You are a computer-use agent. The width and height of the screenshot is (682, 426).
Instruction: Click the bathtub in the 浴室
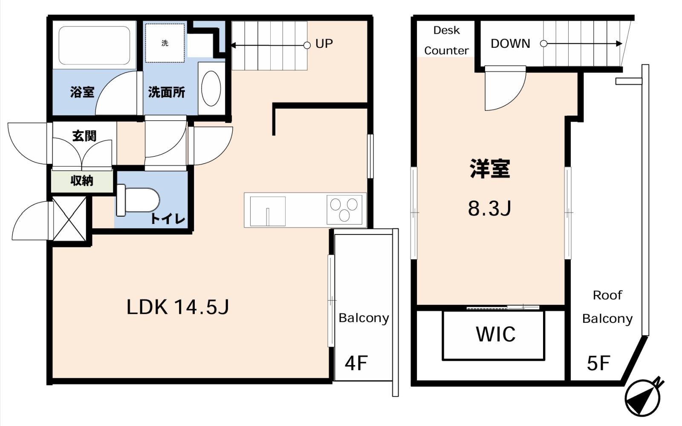tap(94, 45)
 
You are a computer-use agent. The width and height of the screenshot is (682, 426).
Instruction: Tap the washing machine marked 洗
tap(165, 43)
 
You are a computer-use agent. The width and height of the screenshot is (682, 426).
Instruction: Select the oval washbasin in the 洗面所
tap(211, 88)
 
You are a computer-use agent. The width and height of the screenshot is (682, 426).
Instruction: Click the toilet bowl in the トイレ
tap(138, 200)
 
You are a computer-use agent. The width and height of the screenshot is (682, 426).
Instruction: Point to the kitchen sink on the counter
tap(268, 212)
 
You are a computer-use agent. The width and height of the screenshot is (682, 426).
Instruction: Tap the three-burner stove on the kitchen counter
tap(344, 210)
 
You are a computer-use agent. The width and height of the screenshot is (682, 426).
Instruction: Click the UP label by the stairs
tap(324, 44)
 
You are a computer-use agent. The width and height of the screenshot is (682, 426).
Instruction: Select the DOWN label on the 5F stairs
tap(510, 43)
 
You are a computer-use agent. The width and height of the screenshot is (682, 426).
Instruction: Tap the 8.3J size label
tap(490, 209)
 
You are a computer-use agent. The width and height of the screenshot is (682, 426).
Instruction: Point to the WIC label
tap(496, 334)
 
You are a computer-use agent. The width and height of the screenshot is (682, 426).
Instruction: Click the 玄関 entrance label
tap(84, 136)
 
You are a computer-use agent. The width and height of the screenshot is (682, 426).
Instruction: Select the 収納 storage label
tap(81, 181)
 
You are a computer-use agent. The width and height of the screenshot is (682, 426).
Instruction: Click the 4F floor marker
tap(356, 363)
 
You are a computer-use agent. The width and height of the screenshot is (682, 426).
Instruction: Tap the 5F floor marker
tap(598, 363)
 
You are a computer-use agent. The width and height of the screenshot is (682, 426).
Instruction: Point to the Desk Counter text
tap(447, 41)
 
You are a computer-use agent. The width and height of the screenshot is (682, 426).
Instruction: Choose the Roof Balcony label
tap(607, 307)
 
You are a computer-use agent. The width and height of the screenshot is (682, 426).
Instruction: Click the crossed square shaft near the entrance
tap(69, 219)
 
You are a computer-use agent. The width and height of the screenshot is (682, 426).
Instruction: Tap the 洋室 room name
tap(490, 168)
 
